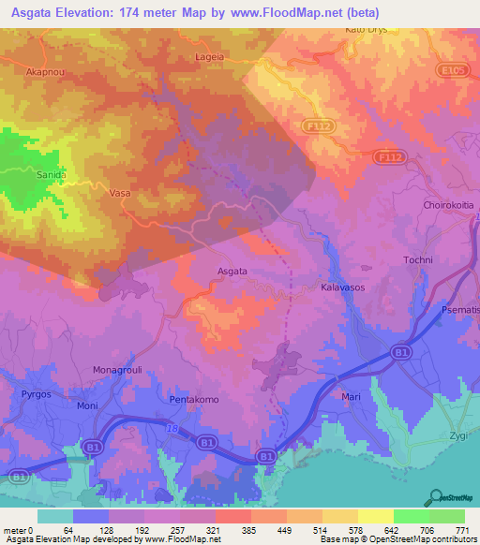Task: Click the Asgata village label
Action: (232, 272)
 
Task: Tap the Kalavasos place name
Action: (342, 288)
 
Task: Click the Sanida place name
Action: (51, 175)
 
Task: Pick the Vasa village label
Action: (119, 193)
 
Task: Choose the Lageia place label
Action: (209, 56)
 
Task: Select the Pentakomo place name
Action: (194, 400)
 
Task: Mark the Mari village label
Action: (352, 398)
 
